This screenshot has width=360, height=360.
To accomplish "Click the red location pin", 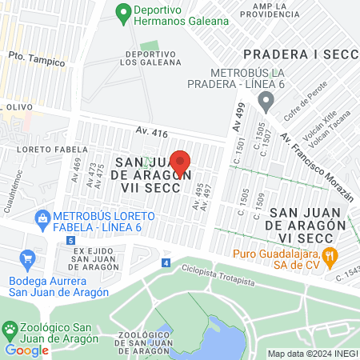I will coord(181,162).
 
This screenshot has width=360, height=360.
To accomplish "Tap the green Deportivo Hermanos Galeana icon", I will coord(123,13).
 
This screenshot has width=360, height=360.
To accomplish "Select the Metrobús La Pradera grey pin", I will coord(266,102).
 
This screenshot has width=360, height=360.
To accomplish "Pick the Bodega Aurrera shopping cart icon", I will coord(29,258).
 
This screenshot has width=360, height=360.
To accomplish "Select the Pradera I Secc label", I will coord(299,54).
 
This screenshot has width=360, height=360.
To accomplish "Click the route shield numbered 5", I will coord(71,240).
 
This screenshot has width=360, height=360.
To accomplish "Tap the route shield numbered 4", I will coord(166,262).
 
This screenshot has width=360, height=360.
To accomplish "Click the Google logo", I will coord(27,350).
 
